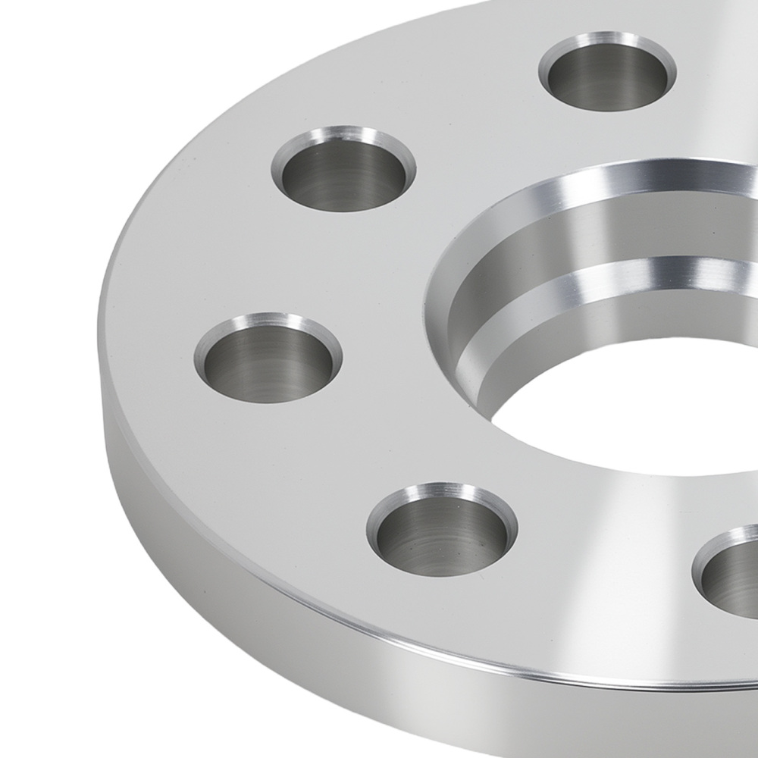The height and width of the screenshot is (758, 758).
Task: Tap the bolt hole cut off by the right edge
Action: pos(729,567)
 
